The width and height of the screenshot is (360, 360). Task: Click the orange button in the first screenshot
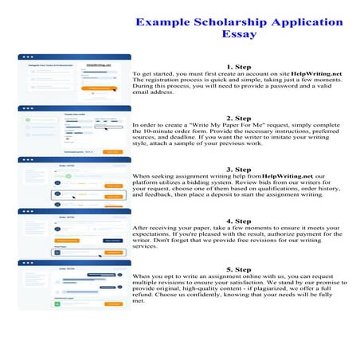point(100,89)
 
